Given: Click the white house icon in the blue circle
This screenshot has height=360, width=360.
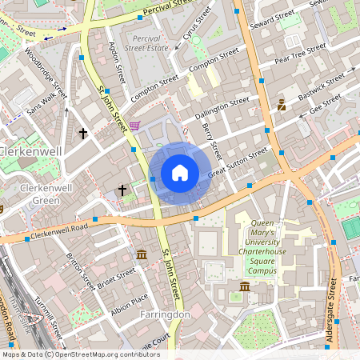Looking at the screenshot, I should [x=180, y=171].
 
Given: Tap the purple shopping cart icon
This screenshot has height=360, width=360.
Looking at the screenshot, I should [x=134, y=125].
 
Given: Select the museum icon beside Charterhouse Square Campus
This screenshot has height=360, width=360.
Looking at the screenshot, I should [x=245, y=286].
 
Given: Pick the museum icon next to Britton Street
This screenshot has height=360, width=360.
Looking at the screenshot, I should [x=142, y=254].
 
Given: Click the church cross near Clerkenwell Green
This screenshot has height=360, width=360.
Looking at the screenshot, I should [x=122, y=190].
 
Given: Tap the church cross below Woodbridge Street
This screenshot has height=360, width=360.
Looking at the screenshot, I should [x=83, y=133].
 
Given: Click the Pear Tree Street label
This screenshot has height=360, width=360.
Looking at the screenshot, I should [x=300, y=54].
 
